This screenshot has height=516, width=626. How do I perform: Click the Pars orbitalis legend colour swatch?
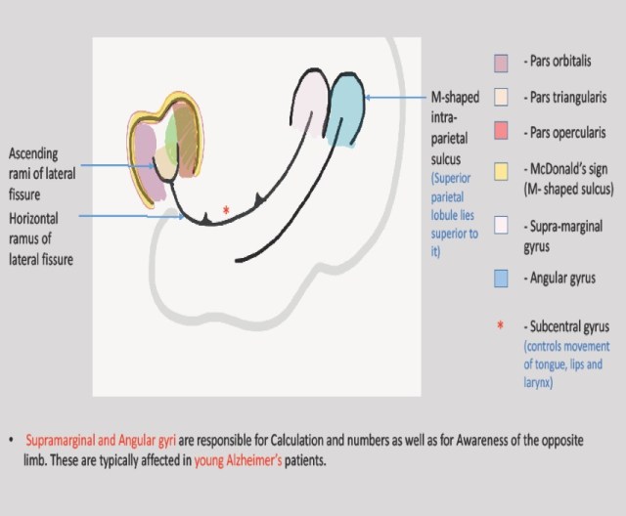point(501,63)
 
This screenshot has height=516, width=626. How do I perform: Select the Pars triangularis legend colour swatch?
point(501,98)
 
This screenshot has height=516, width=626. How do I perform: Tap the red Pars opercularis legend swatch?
point(501,132)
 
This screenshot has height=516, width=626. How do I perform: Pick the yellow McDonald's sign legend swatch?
point(501,172)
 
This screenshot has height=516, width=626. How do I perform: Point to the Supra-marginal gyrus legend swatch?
point(501,225)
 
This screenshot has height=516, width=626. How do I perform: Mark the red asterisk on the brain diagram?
point(226,210)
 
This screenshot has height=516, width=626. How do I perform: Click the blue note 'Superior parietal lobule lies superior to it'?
point(454,213)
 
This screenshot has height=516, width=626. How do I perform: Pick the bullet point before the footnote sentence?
point(11,442)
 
